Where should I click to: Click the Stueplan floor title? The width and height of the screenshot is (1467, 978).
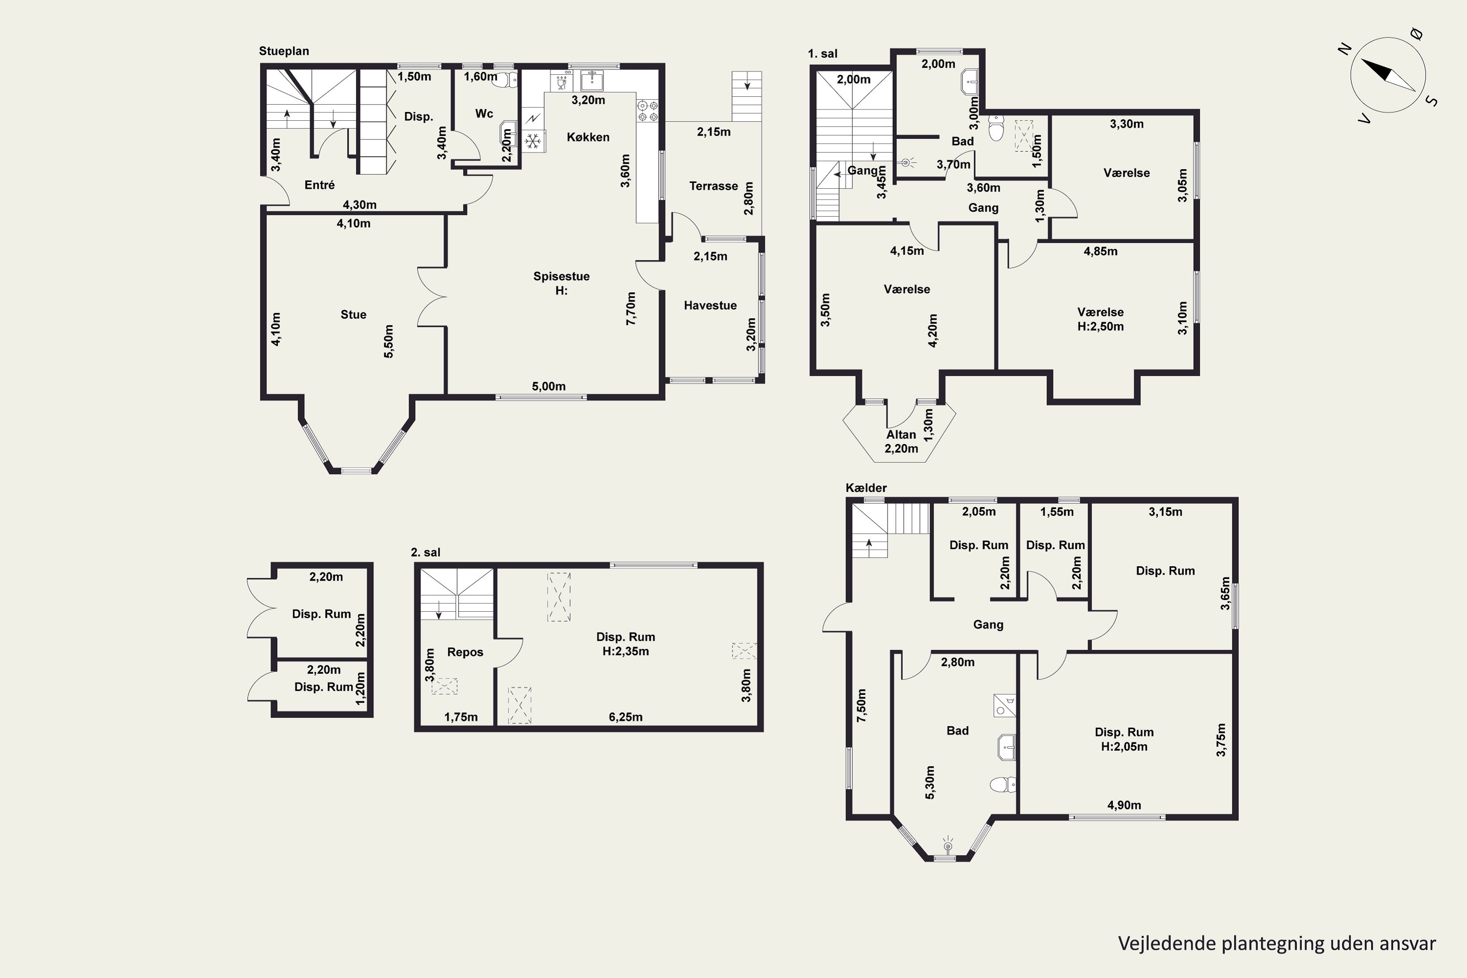click(284, 51)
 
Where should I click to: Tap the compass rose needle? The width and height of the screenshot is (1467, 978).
click(1387, 75)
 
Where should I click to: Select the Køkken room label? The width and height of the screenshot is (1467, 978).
click(588, 137)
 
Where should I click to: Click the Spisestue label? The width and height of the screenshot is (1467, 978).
click(561, 276)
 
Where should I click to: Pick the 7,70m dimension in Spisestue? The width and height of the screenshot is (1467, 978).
click(631, 308)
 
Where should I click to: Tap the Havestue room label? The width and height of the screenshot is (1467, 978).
click(711, 306)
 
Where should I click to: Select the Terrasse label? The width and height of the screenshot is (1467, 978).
click(713, 186)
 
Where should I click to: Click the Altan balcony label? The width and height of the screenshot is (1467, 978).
click(901, 435)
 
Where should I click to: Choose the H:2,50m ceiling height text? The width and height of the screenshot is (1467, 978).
click(1101, 326)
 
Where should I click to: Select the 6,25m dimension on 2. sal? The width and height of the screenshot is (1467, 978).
click(625, 717)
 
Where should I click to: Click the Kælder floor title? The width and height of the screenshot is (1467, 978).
click(866, 488)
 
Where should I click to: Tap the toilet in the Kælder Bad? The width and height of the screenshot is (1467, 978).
click(1001, 785)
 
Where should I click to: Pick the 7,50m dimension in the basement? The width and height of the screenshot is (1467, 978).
click(861, 706)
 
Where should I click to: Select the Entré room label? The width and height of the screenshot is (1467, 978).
click(319, 185)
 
